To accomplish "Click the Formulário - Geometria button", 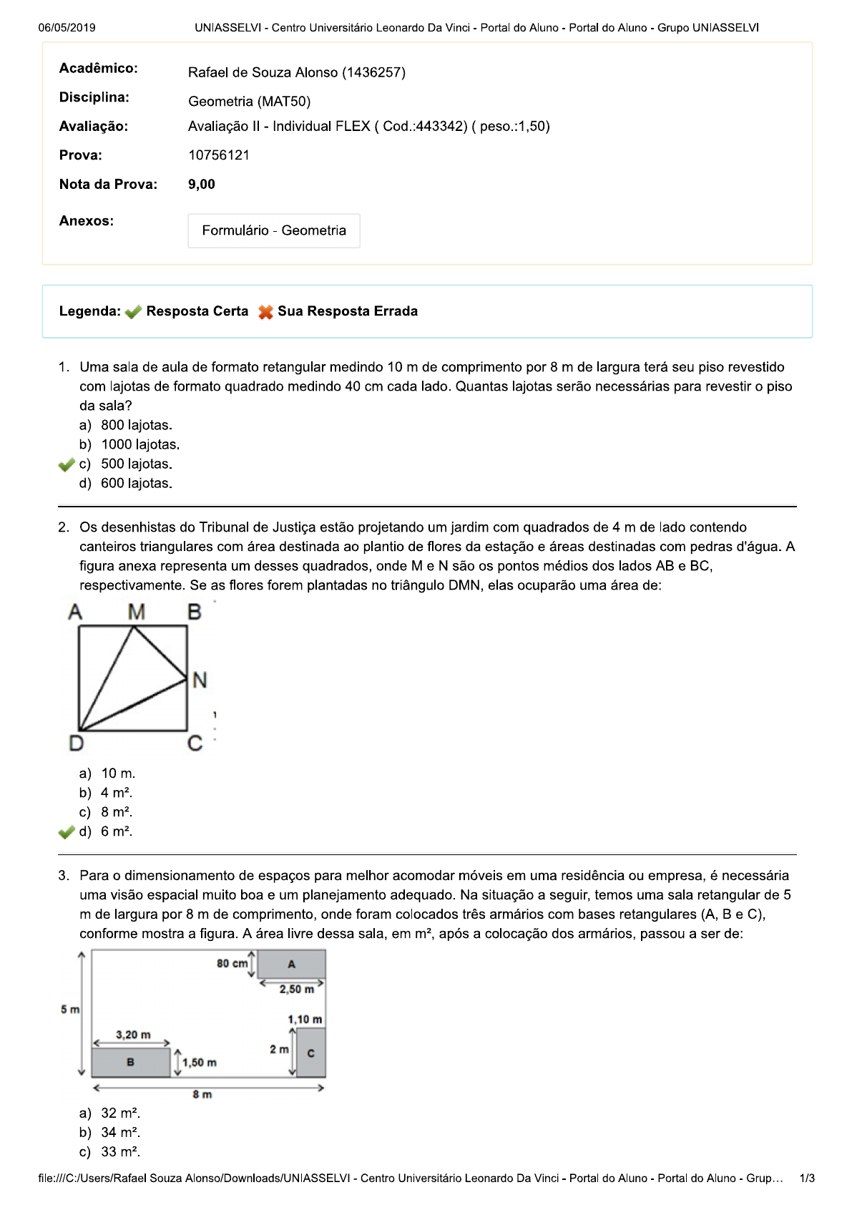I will pos(273,230).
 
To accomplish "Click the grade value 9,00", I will pos(202,185).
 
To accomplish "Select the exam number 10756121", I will pos(219,155).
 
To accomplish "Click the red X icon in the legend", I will pos(265,312).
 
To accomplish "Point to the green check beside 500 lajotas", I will pos(67,465).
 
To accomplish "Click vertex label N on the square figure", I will pos(200,680).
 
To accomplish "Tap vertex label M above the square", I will pos(136,613).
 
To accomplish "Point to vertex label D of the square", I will pos(76,744).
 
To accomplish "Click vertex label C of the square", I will pos(195,744).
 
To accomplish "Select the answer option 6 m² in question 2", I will pos(117,831).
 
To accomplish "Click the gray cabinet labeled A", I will pos(291,964).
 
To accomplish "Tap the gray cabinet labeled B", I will pos(131,1063).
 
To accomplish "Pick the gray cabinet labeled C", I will pos(310,1053).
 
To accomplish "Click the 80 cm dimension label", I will pos(232,964).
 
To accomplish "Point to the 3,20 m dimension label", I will pos(133,1035).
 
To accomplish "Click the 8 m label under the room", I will pos(202,1095).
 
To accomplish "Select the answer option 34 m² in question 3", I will pos(120,1133).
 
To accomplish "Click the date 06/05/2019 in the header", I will pos(67,28).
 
